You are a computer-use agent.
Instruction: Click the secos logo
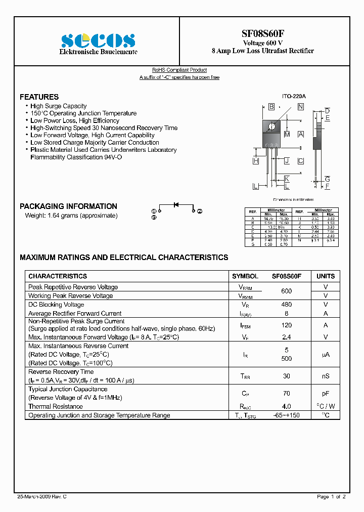[98, 40]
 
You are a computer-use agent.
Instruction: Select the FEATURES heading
[39, 97]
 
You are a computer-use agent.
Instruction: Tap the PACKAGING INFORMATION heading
[68, 206]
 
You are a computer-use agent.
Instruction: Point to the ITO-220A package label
[294, 96]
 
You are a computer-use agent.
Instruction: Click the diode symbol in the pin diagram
[176, 205]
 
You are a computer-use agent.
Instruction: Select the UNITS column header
[326, 276]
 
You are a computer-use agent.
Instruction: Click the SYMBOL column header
[245, 276]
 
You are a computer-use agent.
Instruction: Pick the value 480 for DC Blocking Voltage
[287, 305]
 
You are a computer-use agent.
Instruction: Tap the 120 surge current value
[287, 325]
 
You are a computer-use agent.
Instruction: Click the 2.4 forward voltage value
[287, 337]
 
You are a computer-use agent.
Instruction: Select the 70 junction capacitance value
[287, 393]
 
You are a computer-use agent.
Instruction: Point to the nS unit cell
[326, 376]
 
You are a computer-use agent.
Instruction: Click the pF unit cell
[326, 393]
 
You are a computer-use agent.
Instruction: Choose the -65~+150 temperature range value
[287, 415]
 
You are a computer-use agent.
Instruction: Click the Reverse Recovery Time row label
[61, 372]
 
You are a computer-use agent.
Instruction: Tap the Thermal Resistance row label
[56, 407]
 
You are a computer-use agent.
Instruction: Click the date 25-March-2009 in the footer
[38, 497]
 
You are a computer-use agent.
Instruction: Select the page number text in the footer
[331, 497]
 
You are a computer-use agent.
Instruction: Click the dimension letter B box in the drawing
[271, 107]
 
